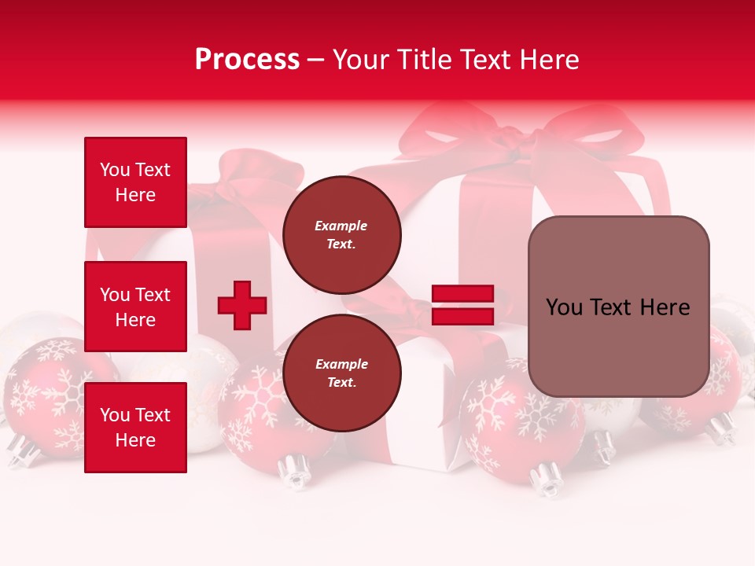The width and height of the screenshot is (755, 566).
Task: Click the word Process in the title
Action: coord(247,60)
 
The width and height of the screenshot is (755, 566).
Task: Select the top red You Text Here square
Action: coord(135,182)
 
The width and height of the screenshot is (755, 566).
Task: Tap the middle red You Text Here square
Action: coord(135,307)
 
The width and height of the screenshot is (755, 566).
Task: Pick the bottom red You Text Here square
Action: coord(135,428)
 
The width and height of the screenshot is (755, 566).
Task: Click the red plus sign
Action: coord(242,305)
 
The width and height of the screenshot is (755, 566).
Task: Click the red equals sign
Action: coord(462,305)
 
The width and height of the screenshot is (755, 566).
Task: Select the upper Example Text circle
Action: coord(341,235)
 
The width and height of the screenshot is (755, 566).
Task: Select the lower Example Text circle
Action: coord(341,373)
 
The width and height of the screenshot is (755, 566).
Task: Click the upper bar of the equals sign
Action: coord(462,294)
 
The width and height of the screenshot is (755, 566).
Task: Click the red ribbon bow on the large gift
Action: coord(503,134)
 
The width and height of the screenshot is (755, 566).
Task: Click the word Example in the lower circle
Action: coord(341,364)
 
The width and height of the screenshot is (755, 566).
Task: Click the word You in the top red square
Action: coord(115,170)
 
